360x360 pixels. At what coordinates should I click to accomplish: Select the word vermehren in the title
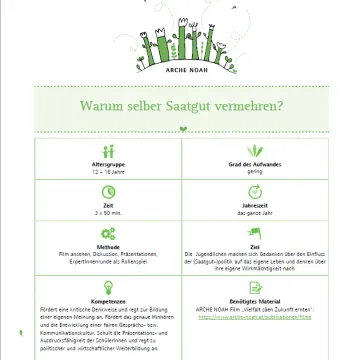click(254, 102)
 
